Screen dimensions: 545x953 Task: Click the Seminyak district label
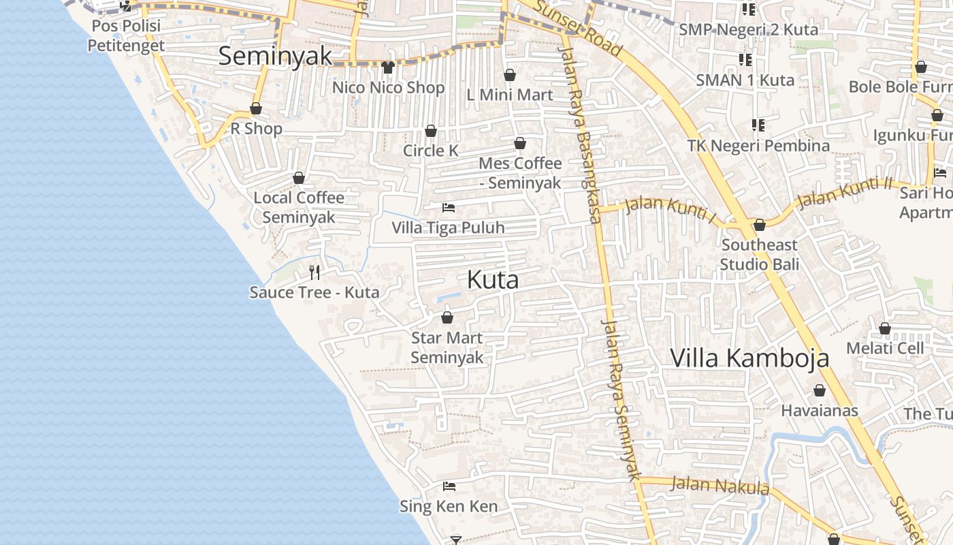[x=275, y=56]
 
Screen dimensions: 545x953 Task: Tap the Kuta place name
[x=493, y=279]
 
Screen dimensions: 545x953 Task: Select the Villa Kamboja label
[x=749, y=358]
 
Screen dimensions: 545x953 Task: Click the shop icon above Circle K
[x=431, y=131]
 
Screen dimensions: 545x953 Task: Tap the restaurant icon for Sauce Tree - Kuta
[x=314, y=272]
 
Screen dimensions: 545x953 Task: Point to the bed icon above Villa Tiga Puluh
[x=449, y=207]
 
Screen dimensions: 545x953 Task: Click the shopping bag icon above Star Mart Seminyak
[x=447, y=317]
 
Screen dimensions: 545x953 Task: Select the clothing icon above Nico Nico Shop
[x=388, y=67]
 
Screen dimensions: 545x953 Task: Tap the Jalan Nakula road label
[x=720, y=486]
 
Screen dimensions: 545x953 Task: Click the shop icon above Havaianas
[x=820, y=391]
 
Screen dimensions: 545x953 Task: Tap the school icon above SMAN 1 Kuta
[x=745, y=60]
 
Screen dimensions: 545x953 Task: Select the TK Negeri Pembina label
[x=758, y=146]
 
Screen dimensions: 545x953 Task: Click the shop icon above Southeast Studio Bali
[x=760, y=225]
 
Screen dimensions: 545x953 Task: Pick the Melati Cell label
[x=885, y=348]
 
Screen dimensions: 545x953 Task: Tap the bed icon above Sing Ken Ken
[x=449, y=486]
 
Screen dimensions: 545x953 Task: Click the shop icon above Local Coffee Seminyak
[x=299, y=178]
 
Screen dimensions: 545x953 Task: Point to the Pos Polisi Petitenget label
[x=126, y=36]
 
